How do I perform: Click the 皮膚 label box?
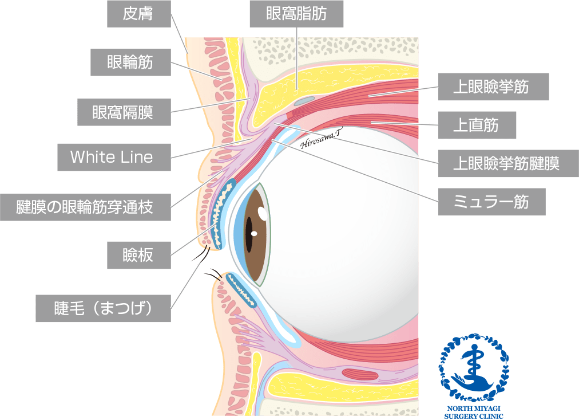(139, 14)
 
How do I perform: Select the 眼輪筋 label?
(130, 62)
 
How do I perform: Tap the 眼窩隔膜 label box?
(124, 112)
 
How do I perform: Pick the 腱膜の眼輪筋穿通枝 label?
(86, 207)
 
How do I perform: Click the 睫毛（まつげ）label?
(103, 308)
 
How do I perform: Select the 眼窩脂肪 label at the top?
(296, 14)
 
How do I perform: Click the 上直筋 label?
(477, 125)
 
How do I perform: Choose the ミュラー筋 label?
(491, 202)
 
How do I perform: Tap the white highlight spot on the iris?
(263, 214)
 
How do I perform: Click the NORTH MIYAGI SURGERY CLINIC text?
(474, 413)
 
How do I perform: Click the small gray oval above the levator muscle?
(305, 100)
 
